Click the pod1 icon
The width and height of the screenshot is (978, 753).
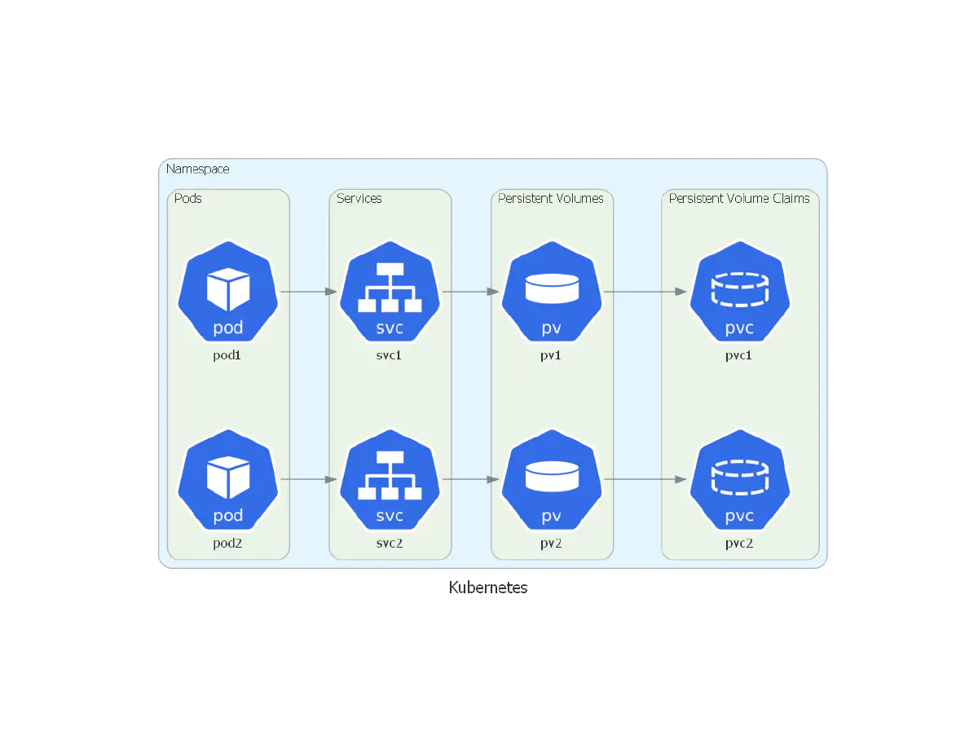(x=228, y=292)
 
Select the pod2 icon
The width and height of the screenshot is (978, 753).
(x=228, y=479)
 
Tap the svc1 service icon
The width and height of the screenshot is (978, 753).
(x=390, y=292)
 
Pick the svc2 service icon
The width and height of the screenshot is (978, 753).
(x=390, y=479)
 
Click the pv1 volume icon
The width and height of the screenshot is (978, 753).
(x=552, y=292)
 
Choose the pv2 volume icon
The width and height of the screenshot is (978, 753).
(x=552, y=479)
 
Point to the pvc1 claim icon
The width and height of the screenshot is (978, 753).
(x=740, y=292)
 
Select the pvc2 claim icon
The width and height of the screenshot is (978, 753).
(x=740, y=479)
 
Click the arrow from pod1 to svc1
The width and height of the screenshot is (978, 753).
(x=309, y=291)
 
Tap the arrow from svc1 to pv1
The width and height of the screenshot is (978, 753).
(x=470, y=291)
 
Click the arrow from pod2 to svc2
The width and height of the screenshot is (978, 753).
(x=309, y=479)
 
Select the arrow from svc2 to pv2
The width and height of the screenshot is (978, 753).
(x=470, y=479)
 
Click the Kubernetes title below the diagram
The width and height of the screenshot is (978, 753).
(x=488, y=588)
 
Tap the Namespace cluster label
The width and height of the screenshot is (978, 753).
(x=198, y=170)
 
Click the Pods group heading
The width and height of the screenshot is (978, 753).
(x=188, y=198)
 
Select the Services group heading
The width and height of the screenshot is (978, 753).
(x=359, y=198)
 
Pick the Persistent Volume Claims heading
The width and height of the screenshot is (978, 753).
(x=739, y=198)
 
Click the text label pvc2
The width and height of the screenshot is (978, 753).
(x=739, y=544)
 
